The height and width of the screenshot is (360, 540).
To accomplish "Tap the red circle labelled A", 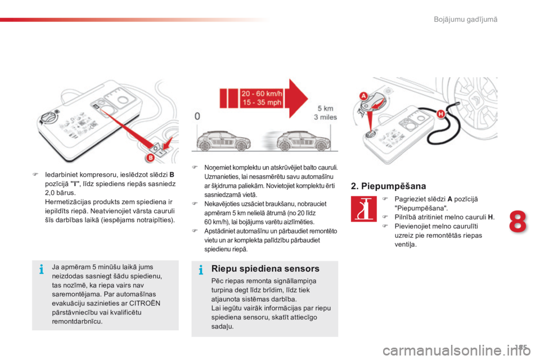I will [363, 96].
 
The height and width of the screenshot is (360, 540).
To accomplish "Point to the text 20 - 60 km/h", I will [261, 93].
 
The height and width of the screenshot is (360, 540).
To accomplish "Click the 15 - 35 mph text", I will [261, 102].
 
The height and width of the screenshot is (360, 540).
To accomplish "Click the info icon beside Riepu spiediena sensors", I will [201, 271].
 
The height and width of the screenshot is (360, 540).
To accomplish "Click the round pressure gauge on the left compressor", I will [48, 119].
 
